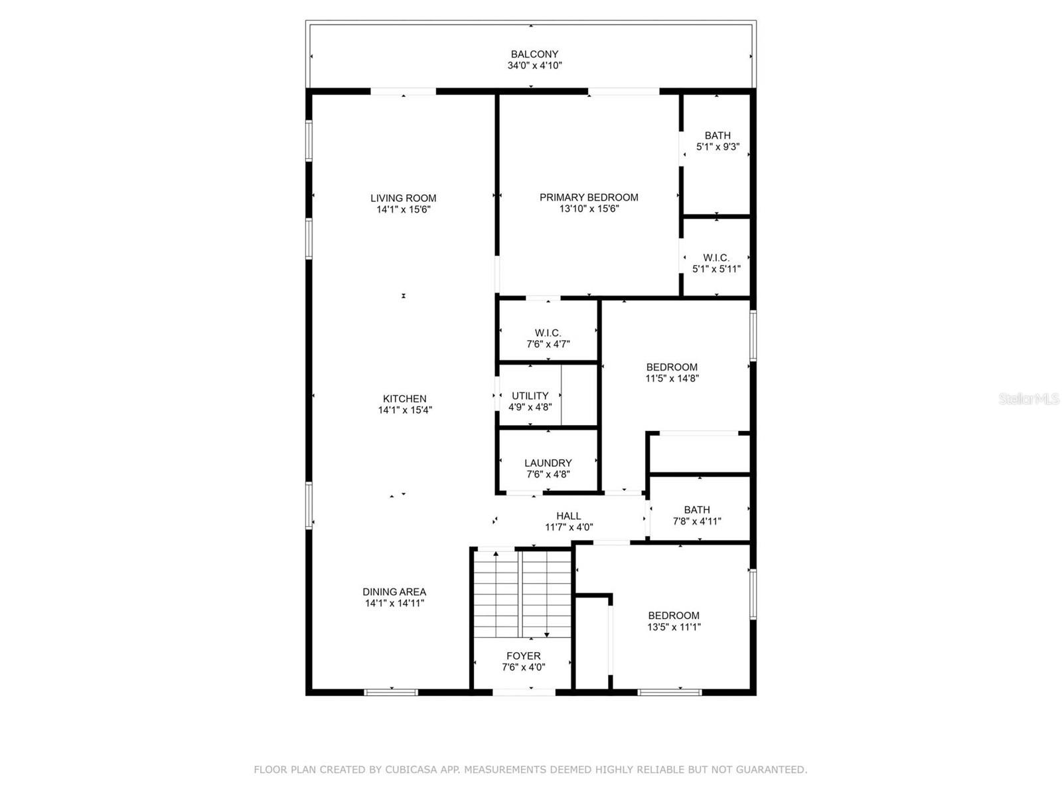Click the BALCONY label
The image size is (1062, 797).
click(534, 54)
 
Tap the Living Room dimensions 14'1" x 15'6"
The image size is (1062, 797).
click(404, 210)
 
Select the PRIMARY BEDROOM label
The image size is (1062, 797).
click(589, 197)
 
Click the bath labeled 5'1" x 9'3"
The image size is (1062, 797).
click(718, 141)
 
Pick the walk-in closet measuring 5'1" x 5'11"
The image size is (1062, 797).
click(716, 264)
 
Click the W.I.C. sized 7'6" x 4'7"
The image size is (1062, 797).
click(548, 339)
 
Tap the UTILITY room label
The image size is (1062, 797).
click(530, 396)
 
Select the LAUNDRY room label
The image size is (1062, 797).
click(548, 463)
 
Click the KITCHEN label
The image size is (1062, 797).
click(404, 398)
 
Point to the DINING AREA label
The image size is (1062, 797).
click(394, 592)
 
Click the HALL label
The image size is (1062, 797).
click(568, 516)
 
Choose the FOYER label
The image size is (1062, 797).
click(524, 656)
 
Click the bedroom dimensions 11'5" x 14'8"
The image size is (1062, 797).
click(672, 379)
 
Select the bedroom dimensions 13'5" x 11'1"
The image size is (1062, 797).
click(674, 627)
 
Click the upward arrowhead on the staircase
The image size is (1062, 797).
click(496, 553)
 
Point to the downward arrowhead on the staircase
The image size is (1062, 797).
click(547, 635)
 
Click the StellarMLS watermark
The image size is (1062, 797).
click(1029, 399)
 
